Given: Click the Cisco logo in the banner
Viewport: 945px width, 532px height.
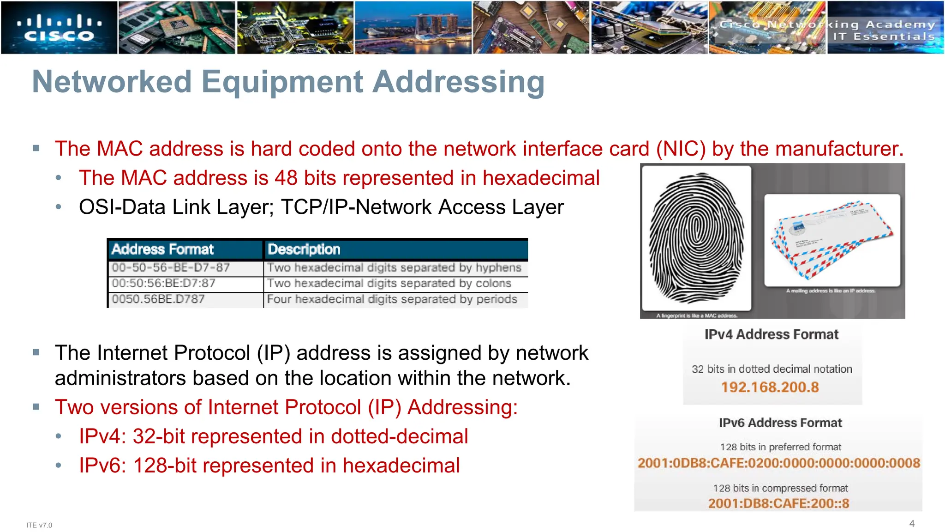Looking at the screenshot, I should [59, 28].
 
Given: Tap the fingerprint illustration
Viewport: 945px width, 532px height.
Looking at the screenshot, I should [696, 238].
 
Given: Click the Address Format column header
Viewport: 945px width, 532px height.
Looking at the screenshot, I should [162, 249].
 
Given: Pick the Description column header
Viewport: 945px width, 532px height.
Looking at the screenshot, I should [304, 249].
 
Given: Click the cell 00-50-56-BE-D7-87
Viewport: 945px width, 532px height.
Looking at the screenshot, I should [171, 268].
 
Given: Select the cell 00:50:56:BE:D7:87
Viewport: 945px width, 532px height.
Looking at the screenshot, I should [163, 284].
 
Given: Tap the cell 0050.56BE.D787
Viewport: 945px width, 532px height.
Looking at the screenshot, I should [158, 299].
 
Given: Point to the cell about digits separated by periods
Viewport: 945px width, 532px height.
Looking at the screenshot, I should [392, 299].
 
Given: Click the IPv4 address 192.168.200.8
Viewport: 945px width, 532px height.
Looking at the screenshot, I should [770, 387].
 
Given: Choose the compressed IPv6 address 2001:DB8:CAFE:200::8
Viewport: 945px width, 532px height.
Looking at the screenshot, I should [778, 503].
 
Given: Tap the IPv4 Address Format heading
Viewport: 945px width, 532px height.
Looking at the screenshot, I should [771, 334].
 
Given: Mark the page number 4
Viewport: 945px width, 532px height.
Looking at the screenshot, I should [912, 523].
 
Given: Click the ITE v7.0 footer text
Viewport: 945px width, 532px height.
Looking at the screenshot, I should [39, 525].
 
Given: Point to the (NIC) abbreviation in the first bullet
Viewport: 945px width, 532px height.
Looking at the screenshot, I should [681, 149].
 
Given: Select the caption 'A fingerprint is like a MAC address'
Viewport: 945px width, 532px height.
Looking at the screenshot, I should [697, 316].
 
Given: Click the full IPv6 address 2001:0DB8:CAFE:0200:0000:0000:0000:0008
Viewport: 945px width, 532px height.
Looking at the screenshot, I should [778, 463].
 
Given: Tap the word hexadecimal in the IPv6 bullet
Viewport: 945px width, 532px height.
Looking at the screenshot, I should [401, 465].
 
